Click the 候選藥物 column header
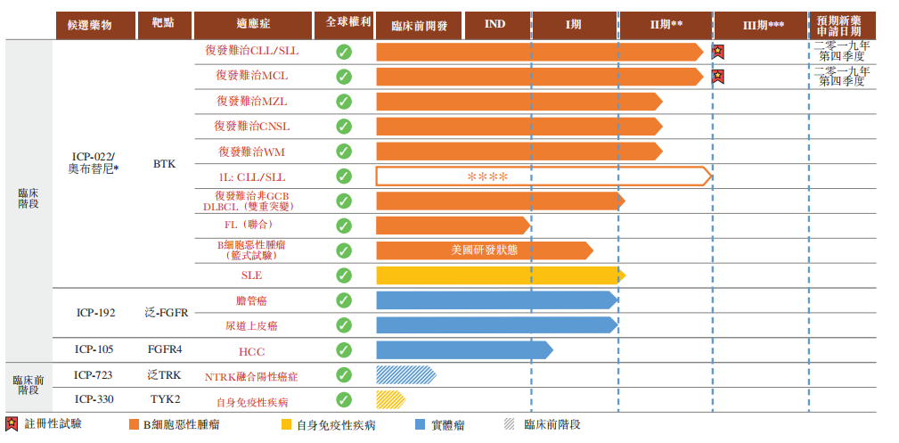tap(90, 25)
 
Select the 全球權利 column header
tap(344, 25)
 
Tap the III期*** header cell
tap(762, 25)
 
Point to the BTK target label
tap(165, 164)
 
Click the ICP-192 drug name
tap(96, 313)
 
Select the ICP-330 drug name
tap(94, 399)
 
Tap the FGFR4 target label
tap(164, 349)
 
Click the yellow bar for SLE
tap(499, 275)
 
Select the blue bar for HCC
tap(463, 349)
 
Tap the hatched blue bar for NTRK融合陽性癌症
tap(405, 374)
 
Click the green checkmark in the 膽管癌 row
tap(344, 300)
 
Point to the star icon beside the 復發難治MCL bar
tap(717, 77)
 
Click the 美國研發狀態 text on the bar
tap(484, 250)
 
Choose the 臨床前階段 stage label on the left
tap(27, 386)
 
